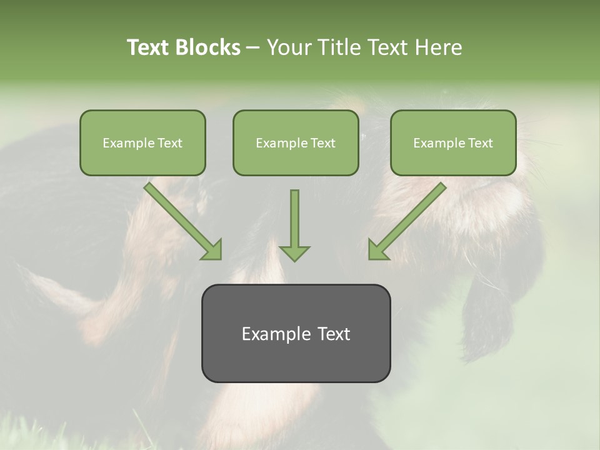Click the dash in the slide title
pos(253,48)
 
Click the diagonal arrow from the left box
pos(181,219)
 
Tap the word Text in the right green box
pos(481,143)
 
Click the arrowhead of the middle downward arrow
pos(294,252)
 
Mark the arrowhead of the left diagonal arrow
pos(213,250)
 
